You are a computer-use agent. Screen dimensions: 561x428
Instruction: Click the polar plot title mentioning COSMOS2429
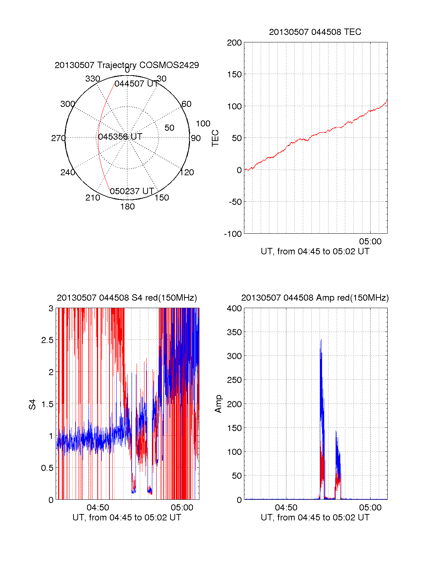click(127, 65)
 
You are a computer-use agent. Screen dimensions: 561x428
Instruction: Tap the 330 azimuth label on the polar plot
click(92, 79)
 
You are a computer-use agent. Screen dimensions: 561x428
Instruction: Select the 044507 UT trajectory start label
click(136, 84)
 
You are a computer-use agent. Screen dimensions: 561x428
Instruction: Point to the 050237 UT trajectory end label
click(132, 191)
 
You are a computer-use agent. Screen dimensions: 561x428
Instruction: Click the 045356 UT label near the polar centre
click(120, 137)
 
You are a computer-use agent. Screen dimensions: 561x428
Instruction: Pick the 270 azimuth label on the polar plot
click(58, 138)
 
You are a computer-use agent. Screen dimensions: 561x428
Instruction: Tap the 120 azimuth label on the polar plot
click(187, 172)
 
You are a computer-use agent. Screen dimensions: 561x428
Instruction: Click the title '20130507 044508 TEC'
click(315, 32)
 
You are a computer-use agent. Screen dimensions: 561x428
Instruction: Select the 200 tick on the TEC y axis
click(234, 43)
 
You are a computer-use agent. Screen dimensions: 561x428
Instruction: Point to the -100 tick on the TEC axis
click(233, 234)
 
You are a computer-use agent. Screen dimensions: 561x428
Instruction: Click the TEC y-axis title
click(215, 138)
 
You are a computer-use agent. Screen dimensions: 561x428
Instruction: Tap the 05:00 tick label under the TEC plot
click(370, 241)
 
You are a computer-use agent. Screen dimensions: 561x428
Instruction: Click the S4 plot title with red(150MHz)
click(127, 298)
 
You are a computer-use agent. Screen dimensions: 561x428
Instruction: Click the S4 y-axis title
click(32, 404)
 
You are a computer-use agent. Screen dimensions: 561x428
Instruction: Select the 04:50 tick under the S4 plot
click(98, 508)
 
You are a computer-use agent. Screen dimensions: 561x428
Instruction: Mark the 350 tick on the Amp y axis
click(234, 332)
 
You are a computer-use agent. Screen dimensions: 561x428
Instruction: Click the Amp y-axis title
click(218, 404)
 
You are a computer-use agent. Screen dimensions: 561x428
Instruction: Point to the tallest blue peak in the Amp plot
click(321, 341)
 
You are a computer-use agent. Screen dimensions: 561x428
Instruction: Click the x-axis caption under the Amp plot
click(315, 518)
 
